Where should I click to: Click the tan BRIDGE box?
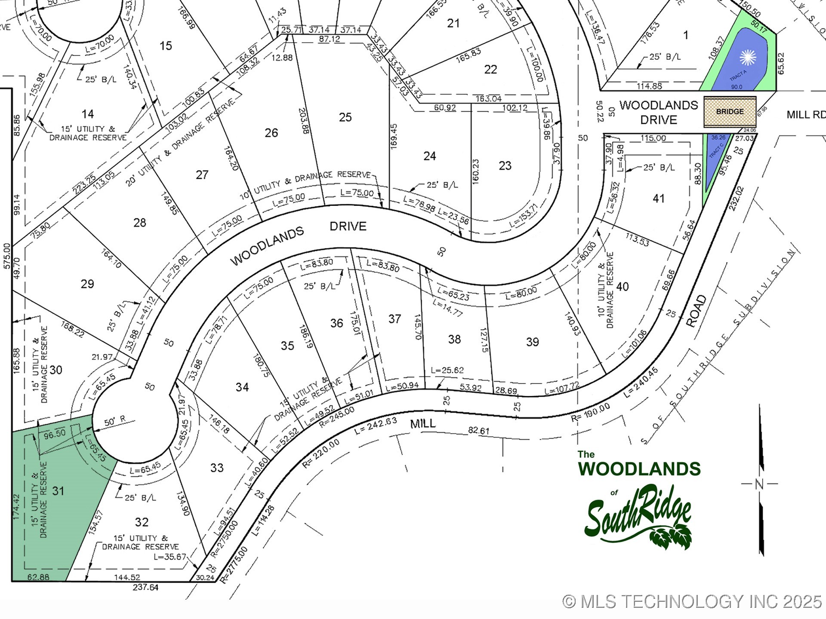click(x=730, y=112)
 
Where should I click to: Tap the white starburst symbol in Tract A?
click(x=748, y=58)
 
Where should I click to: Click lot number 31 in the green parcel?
click(x=58, y=490)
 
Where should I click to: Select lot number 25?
click(x=345, y=117)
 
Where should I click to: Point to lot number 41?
click(x=658, y=198)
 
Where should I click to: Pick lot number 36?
click(x=336, y=323)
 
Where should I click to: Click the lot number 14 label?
click(x=88, y=114)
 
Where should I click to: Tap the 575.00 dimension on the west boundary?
click(x=6, y=256)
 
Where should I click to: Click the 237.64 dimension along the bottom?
click(x=145, y=587)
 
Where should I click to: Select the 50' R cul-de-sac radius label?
click(x=115, y=421)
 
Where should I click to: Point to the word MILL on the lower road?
click(x=422, y=424)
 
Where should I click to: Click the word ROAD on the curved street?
click(x=696, y=311)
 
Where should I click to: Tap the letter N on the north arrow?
click(x=759, y=484)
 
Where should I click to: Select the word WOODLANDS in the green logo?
click(x=639, y=469)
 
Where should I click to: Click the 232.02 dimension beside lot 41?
click(x=736, y=198)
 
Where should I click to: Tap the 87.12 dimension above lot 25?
click(x=330, y=39)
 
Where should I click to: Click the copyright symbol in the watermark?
click(x=569, y=601)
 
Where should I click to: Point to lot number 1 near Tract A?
click(x=686, y=35)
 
